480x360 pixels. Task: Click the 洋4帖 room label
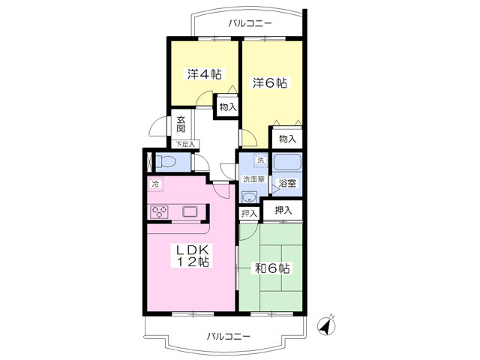tap(205, 74)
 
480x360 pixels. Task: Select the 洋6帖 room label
tap(270, 83)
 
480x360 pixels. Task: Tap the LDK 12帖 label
tap(192, 256)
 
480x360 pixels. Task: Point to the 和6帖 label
tap(272, 268)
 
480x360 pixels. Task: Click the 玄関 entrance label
tap(181, 124)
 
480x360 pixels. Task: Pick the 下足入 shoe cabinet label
tap(185, 144)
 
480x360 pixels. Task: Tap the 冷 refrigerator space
tap(155, 184)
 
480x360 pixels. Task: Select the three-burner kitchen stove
tap(160, 211)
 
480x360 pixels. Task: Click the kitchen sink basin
tap(190, 211)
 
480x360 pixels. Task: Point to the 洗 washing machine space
tap(260, 160)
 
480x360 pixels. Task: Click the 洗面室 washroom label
tap(253, 179)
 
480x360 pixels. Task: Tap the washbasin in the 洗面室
tap(250, 197)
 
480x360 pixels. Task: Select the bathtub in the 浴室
tap(287, 162)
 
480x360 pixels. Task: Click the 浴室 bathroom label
tap(287, 183)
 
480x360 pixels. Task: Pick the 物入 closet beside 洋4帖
tap(228, 106)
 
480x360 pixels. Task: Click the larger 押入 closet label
tap(283, 210)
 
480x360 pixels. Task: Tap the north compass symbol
tap(326, 326)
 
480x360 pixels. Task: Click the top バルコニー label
tap(250, 23)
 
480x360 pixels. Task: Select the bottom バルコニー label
tap(228, 337)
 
